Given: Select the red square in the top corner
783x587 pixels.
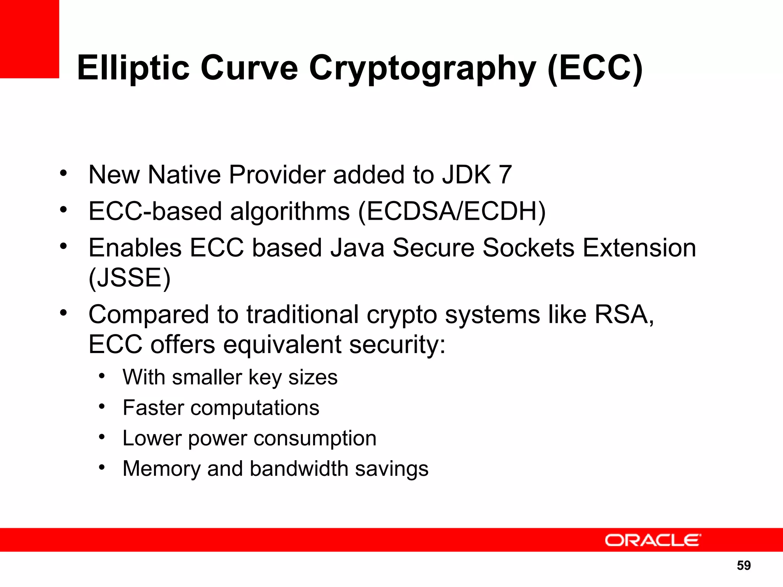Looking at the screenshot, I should [29, 39].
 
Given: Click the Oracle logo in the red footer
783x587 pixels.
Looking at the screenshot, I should [652, 540].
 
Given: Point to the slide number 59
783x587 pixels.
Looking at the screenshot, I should [744, 565].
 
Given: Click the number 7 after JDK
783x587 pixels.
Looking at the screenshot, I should [505, 175].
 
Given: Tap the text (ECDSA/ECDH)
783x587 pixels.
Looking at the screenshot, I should [452, 211].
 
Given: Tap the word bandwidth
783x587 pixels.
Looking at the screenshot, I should [299, 469].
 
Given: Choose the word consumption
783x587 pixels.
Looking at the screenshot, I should [315, 438].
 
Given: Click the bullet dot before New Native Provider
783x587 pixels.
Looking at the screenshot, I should [63, 173].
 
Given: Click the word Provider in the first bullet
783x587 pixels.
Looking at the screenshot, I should [277, 175].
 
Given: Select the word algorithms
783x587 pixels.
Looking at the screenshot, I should [290, 211].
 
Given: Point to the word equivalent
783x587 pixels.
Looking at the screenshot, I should [282, 344].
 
